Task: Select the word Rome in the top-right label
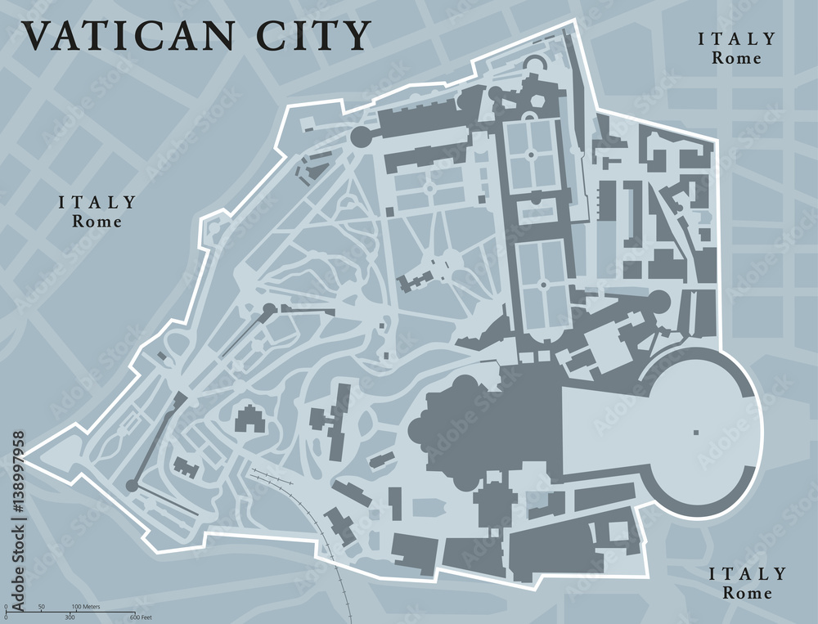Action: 736,58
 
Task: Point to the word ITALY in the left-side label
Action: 97,202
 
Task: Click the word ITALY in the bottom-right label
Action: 747,574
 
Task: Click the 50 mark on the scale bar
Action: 41,606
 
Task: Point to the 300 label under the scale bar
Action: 70,617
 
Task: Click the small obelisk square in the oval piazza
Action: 696,431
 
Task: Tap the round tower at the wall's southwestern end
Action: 132,486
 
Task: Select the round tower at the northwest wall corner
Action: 362,137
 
